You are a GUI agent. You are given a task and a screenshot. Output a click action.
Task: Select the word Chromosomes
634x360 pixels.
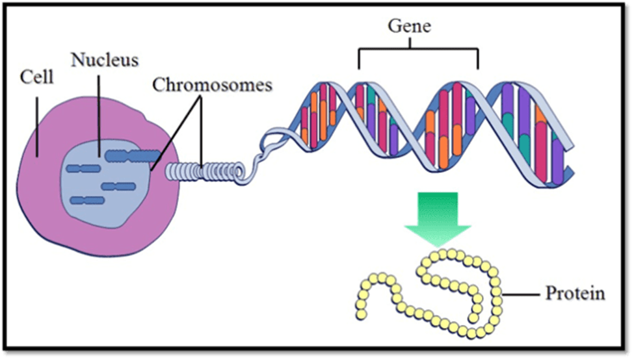[212, 85]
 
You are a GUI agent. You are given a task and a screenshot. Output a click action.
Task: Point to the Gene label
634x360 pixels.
[410, 27]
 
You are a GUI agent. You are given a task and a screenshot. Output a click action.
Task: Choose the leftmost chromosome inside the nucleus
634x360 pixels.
[83, 168]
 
